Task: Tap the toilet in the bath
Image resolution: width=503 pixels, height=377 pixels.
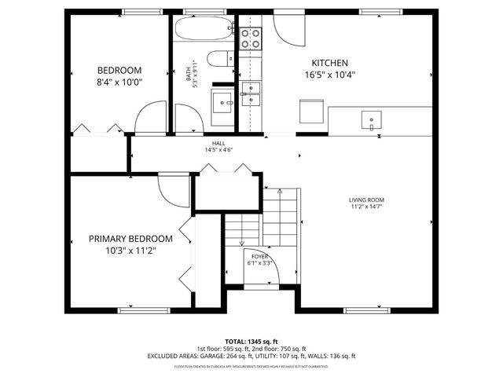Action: pyautogui.click(x=221, y=57)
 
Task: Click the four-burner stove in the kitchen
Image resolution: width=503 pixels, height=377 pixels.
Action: pyautogui.click(x=251, y=38)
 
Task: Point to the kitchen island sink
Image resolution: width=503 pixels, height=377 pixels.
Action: pyautogui.click(x=368, y=120)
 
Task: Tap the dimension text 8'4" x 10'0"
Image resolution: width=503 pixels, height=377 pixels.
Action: pyautogui.click(x=119, y=81)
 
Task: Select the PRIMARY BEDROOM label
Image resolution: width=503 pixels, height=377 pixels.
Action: pyautogui.click(x=130, y=239)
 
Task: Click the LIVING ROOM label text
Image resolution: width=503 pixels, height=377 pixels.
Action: pyautogui.click(x=366, y=200)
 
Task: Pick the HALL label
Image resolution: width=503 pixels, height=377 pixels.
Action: pyautogui.click(x=218, y=143)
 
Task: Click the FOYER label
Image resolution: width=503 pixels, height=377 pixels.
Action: pyautogui.click(x=259, y=257)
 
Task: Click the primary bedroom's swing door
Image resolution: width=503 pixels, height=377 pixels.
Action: pyautogui.click(x=171, y=189)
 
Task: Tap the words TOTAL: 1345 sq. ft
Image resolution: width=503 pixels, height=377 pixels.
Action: pyautogui.click(x=251, y=340)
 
